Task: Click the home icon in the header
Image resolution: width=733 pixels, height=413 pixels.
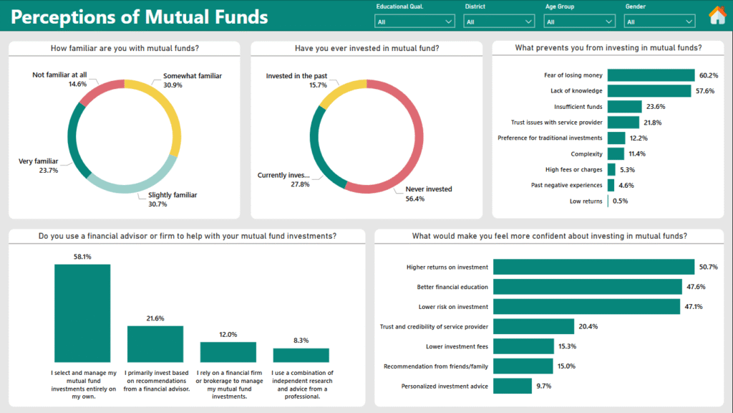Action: [717, 15]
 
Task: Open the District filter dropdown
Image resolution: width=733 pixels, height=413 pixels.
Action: [499, 22]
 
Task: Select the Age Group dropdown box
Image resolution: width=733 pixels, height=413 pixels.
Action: [579, 22]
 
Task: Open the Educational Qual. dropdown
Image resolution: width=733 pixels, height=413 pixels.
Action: [414, 22]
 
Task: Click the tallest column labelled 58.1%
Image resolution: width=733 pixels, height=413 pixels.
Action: [82, 313]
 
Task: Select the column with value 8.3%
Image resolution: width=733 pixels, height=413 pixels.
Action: [301, 355]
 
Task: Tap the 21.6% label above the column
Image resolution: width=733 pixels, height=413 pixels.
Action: [155, 318]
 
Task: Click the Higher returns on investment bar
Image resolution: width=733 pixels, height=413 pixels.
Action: [593, 267]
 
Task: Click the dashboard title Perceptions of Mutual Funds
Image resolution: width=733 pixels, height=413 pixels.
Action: [140, 16]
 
